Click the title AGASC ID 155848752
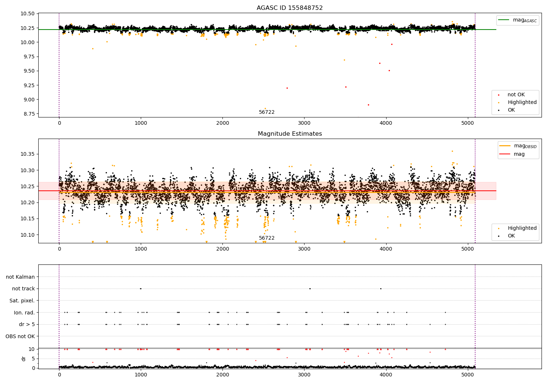tap(290, 8)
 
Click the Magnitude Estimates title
tap(290, 134)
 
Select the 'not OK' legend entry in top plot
tap(516, 95)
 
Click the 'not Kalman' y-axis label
tap(20, 277)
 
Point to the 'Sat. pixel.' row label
tap(22, 301)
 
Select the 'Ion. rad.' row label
tap(24, 313)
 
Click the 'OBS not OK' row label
tap(20, 336)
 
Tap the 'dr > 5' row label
tap(27, 324)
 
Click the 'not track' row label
tap(23, 289)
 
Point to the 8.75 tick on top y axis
tap(28, 114)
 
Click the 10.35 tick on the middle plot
tap(28, 154)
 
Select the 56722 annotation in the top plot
tap(267, 112)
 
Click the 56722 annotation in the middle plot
tap(267, 238)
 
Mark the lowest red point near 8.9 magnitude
tap(368, 105)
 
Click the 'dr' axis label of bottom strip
tap(24, 359)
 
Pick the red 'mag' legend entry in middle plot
tap(519, 154)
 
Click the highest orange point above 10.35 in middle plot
tap(452, 151)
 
